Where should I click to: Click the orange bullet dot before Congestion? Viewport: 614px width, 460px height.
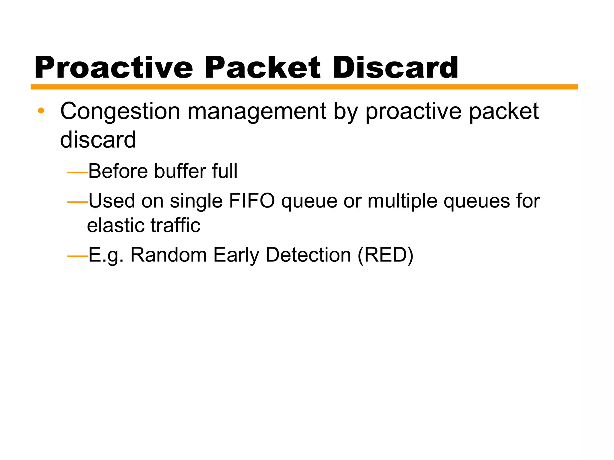coord(41,111)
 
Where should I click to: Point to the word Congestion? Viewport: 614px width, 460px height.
coord(120,112)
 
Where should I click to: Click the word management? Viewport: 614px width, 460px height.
coord(257,112)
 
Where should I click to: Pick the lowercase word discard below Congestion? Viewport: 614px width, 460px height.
coord(98,140)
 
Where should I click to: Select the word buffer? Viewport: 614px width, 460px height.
coord(180,171)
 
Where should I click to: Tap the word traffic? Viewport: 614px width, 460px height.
coord(175,225)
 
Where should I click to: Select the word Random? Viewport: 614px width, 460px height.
coord(168,255)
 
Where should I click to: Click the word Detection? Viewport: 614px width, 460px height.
coord(308,255)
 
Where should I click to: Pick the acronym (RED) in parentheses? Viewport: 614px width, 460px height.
coord(386,255)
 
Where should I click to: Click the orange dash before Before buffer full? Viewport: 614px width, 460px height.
coord(77,172)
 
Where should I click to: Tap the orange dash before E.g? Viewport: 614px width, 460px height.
coord(77,256)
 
